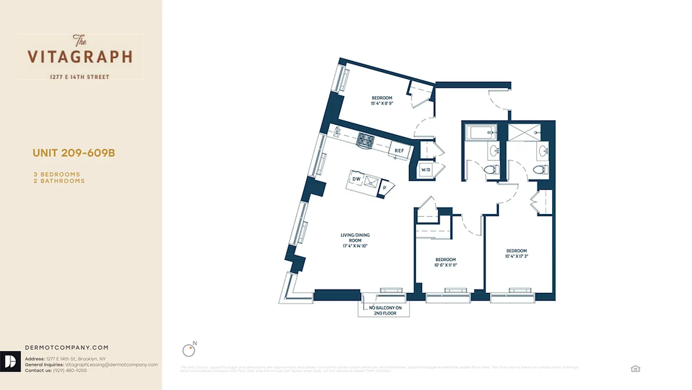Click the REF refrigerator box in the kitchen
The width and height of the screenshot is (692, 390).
click(399, 151)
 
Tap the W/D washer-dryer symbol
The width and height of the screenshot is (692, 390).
click(426, 170)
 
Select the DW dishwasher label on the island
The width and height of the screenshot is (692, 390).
click(356, 179)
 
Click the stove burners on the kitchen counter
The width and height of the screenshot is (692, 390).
click(365, 140)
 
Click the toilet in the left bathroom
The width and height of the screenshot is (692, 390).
click(490, 170)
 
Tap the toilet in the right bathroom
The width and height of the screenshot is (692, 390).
click(539, 170)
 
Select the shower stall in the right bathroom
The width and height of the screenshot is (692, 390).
click(524, 132)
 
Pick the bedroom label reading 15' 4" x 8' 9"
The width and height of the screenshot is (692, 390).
click(382, 100)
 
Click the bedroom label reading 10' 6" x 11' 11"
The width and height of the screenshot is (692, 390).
click(446, 262)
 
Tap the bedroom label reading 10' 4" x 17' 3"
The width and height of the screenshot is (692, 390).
click(516, 253)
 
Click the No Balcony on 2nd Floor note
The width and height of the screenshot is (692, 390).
click(383, 310)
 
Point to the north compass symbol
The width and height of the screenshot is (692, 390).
click(188, 350)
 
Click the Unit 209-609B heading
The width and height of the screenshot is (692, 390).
click(74, 153)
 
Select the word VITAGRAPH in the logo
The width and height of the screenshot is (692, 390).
click(80, 57)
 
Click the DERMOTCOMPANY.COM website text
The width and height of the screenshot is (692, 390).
click(67, 348)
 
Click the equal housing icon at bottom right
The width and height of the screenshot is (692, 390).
click(635, 369)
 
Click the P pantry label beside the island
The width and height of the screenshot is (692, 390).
click(384, 187)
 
